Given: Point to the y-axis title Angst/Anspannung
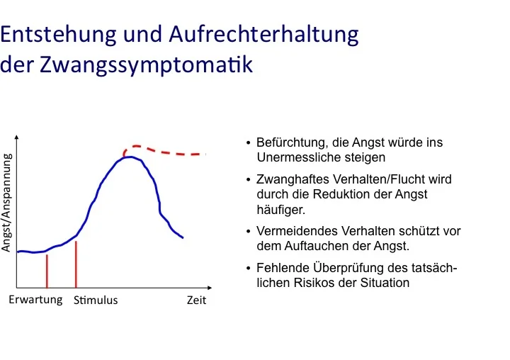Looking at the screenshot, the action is (7, 203).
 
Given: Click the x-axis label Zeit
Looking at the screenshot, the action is (196, 300).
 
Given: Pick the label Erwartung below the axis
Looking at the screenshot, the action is (35, 300).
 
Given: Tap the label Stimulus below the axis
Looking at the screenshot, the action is (96, 300).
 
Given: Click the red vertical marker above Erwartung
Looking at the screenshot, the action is (47, 271).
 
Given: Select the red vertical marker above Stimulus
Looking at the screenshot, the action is (76, 264).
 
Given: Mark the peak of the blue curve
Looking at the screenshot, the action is (130, 157).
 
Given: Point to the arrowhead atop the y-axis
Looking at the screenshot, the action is (16, 137).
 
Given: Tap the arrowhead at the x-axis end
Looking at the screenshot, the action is (210, 288).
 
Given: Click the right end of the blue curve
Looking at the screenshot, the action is (183, 237).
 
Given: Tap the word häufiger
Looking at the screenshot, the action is (281, 210).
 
